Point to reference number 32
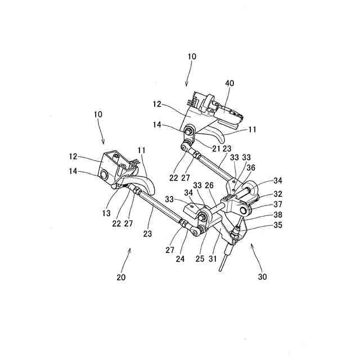coord(278,193)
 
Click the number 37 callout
coord(278,204)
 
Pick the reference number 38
coord(278,214)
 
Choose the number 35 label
coord(278,225)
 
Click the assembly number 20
coord(122,277)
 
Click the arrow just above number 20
coord(130,256)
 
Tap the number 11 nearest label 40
coord(253,129)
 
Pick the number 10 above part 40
coord(192,57)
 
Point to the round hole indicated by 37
coord(246,210)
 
